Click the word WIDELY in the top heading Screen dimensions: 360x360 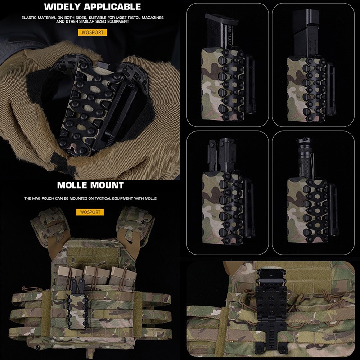(x=63, y=7)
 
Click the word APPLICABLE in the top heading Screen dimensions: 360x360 (x=112, y=7)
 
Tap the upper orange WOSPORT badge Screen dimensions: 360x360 (x=92, y=32)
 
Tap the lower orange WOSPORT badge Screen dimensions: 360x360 (x=90, y=212)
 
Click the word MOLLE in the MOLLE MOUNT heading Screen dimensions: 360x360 (x=72, y=185)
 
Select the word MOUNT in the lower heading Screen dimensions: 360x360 (x=107, y=185)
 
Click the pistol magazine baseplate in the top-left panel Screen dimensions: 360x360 (x=222, y=19)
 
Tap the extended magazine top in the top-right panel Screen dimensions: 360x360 (x=306, y=17)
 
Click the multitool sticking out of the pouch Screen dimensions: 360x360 (x=221, y=154)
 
